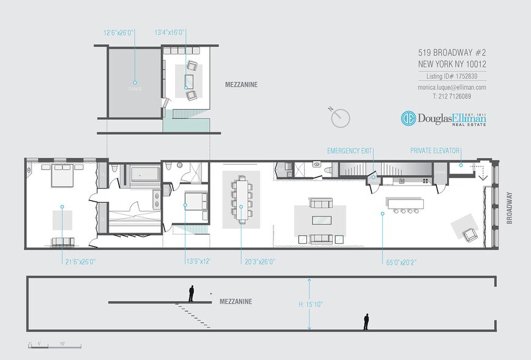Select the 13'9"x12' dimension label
click(x=198, y=261)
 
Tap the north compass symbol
click(x=340, y=118)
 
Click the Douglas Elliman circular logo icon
click(x=409, y=119)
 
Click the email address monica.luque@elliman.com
click(x=452, y=88)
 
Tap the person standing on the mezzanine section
click(x=191, y=294)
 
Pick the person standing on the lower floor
click(x=366, y=322)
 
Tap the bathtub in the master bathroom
click(x=144, y=174)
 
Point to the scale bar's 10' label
click(x=62, y=343)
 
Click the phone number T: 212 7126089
click(x=452, y=97)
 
